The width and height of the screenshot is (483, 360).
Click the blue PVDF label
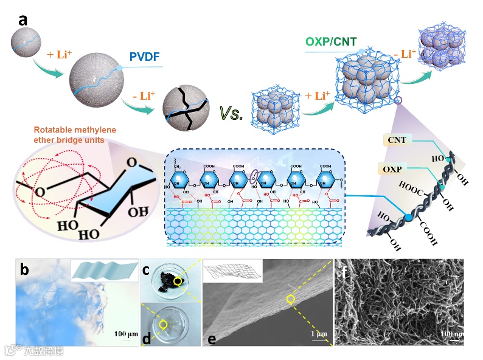144,58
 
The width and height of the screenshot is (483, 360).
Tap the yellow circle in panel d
162,325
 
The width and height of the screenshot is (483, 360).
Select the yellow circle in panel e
291,299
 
